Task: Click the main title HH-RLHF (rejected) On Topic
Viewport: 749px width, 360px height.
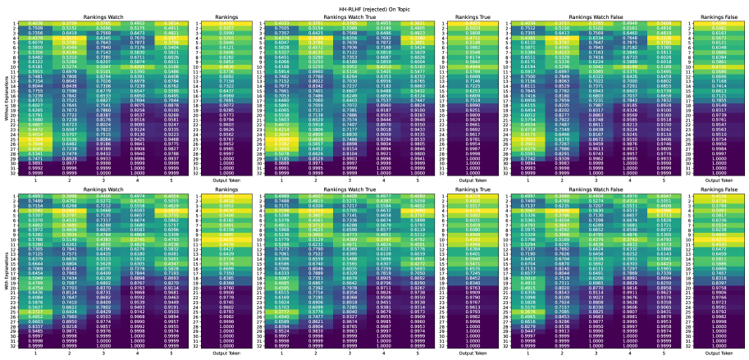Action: [374, 5]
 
